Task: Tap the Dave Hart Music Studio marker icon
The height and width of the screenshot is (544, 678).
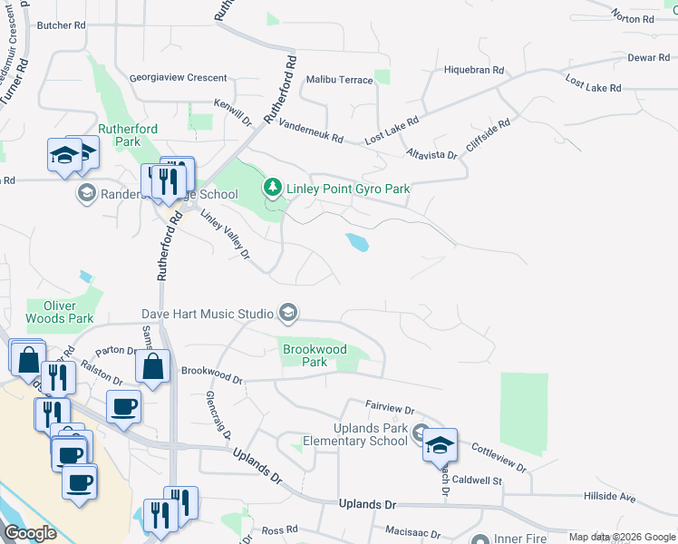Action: tap(288, 314)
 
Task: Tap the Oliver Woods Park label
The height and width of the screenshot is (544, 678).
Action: tap(60, 312)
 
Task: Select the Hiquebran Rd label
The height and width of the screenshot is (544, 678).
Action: tap(473, 70)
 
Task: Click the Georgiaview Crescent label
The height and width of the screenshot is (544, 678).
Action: tap(178, 78)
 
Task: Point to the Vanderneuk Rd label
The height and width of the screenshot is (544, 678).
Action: tap(311, 131)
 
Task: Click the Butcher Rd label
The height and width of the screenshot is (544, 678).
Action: tap(60, 25)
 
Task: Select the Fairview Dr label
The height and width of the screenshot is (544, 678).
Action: tap(389, 409)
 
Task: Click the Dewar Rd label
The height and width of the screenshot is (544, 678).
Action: tap(647, 57)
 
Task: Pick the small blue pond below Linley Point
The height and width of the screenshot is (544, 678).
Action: tap(357, 242)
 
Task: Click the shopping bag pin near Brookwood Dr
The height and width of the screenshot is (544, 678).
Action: tap(153, 367)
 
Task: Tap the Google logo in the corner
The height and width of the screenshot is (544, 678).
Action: tap(31, 533)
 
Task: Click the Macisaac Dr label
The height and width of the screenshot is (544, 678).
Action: tap(412, 535)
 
